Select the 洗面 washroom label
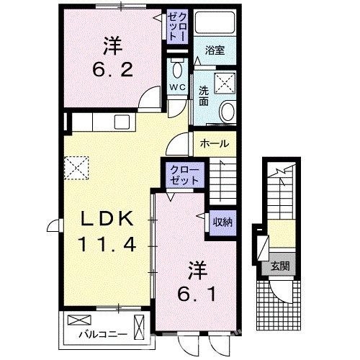pos(204,96)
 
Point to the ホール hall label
pos(215,144)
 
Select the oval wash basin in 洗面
pos(227,112)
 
